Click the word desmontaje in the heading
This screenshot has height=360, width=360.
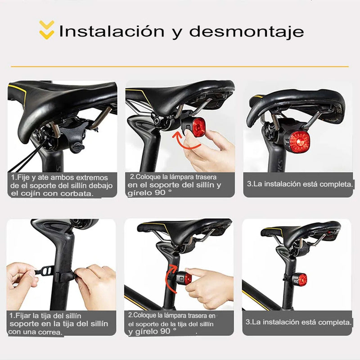(x=246, y=32)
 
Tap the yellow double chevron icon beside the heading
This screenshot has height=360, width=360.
(x=46, y=29)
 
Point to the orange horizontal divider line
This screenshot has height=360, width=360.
(x=180, y=67)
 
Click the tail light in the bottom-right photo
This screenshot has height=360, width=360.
(x=301, y=279)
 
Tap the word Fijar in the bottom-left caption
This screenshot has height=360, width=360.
(x=25, y=315)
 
